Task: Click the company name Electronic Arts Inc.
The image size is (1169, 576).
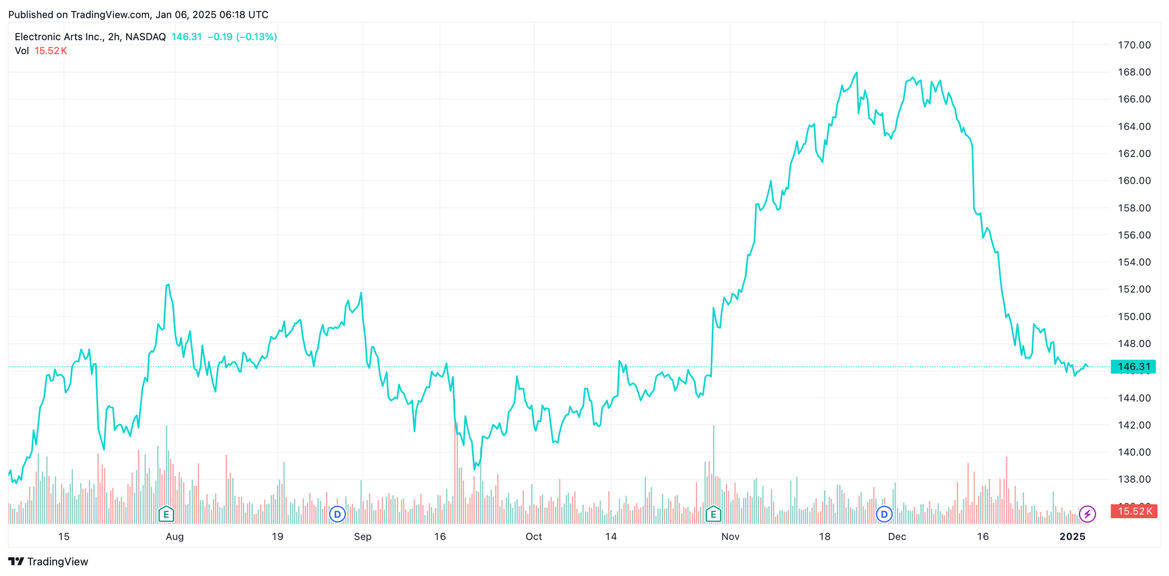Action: (58, 37)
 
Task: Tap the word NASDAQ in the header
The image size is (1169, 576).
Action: (146, 37)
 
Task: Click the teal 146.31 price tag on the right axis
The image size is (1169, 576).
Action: (1133, 367)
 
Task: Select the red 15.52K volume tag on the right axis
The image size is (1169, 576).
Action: (1133, 511)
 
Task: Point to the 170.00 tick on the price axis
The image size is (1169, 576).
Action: (1134, 45)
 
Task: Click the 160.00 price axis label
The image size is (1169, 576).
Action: (1134, 181)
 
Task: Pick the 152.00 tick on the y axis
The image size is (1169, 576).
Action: (1134, 289)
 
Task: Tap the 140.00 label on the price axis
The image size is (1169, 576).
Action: (1134, 452)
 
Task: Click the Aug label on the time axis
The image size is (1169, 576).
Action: (174, 536)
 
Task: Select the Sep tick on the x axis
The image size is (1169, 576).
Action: (362, 536)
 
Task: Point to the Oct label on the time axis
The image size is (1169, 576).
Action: (533, 536)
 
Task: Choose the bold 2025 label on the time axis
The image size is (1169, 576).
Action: (1072, 536)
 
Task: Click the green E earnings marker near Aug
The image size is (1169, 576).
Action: (166, 514)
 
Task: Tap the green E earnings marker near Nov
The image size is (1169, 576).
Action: (713, 514)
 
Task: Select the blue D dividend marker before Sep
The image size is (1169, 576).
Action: (337, 514)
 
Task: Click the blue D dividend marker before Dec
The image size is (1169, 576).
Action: (884, 514)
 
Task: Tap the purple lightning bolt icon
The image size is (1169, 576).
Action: (1087, 514)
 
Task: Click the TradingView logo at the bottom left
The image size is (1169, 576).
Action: (48, 561)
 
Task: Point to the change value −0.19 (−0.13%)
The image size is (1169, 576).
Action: (242, 37)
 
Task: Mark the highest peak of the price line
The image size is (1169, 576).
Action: (857, 72)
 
